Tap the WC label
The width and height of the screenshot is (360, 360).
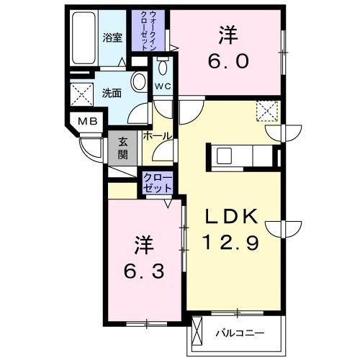pos(162,86)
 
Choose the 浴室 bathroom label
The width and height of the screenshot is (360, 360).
pos(112,37)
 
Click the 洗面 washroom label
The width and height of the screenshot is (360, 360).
pos(111,93)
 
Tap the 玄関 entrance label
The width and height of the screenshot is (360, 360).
pos(122,149)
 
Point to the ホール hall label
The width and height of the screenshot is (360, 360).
pos(157,136)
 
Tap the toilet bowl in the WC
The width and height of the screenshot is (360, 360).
pos(162,68)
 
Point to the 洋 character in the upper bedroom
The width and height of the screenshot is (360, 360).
pos(228,34)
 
